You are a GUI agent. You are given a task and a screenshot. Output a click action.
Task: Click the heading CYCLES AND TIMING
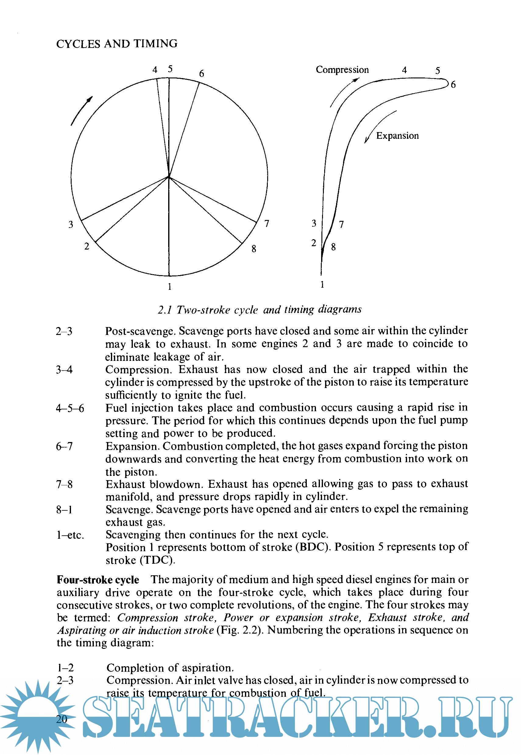(x=117, y=44)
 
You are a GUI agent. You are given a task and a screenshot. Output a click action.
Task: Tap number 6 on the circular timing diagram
(x=202, y=74)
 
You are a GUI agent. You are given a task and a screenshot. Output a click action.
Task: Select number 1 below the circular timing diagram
(x=169, y=287)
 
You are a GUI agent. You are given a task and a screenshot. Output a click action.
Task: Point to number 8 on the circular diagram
(x=253, y=249)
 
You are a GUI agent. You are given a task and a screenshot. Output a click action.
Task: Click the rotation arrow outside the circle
(x=81, y=111)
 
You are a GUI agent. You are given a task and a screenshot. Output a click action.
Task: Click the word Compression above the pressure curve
(x=342, y=70)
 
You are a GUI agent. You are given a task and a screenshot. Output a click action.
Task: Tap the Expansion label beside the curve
(x=397, y=136)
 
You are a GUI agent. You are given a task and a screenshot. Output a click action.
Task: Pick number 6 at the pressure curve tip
(x=453, y=85)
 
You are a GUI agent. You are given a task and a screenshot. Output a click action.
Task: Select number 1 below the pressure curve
(x=322, y=285)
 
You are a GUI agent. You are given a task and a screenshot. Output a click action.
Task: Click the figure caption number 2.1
(x=165, y=310)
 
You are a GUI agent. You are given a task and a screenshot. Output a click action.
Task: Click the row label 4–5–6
(x=70, y=408)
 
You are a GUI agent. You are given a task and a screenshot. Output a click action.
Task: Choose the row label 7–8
(x=64, y=484)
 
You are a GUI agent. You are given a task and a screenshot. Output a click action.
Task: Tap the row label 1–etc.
(x=70, y=535)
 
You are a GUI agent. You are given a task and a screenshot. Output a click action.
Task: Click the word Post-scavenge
(x=140, y=331)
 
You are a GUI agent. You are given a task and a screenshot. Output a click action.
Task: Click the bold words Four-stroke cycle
(x=98, y=580)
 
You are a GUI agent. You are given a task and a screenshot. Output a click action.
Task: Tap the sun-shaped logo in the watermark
(x=38, y=716)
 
